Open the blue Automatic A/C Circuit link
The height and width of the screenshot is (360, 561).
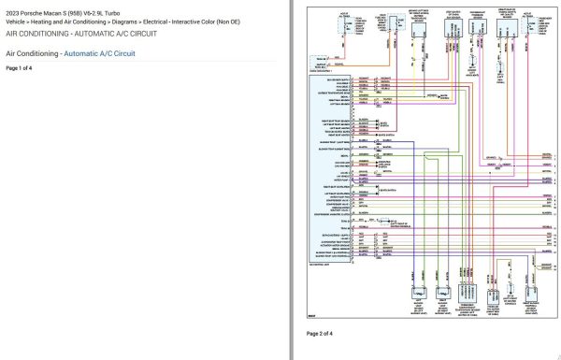[x=99, y=54]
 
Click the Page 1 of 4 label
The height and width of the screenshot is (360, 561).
[x=19, y=68]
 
